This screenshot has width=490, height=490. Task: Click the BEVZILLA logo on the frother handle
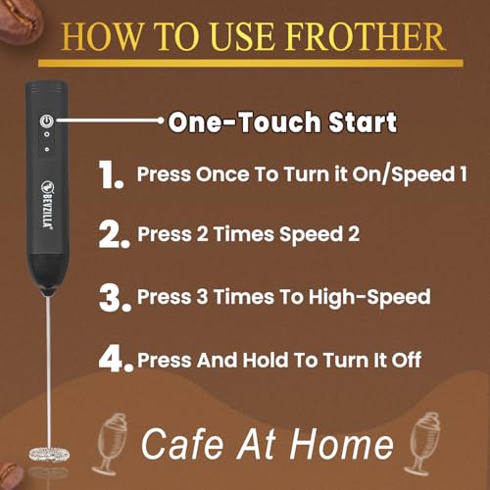pos(47,204)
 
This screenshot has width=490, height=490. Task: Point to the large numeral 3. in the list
pos(115,298)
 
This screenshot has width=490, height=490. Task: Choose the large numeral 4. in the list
pos(116,360)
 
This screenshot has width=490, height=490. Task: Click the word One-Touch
pos(244,122)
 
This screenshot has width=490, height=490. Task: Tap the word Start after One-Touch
pos(363,122)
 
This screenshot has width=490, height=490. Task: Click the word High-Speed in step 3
pos(369,297)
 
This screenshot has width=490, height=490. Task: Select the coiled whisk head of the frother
pos(49,455)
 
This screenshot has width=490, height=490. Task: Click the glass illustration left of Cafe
pos(110,444)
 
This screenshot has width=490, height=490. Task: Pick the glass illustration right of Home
pos(422,444)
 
